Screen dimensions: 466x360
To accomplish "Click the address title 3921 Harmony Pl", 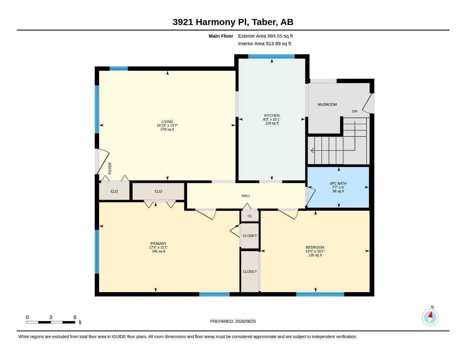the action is click(211, 22).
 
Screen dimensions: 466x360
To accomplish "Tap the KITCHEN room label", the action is click(272, 116).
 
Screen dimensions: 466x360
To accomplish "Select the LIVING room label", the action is click(167, 122).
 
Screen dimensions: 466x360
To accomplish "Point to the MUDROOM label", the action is click(327, 104).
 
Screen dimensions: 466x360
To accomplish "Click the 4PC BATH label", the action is click(338, 184).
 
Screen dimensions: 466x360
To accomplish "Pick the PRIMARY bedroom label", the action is click(158, 244).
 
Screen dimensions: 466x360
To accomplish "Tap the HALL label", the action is click(246, 195).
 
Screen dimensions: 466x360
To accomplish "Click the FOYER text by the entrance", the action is click(110, 168).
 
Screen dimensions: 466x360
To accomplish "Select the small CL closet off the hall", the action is click(250, 216).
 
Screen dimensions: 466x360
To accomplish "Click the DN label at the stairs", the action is click(355, 111).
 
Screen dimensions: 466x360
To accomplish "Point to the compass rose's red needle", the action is click(430, 315).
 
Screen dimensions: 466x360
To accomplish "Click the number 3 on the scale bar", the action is click(51, 317).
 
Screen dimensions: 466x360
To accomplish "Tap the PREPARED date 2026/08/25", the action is click(245, 321).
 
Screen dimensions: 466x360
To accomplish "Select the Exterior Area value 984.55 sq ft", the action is click(280, 36).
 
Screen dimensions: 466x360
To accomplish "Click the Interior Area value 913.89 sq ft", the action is click(278, 44).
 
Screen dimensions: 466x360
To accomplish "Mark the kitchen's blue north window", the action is click(271, 56).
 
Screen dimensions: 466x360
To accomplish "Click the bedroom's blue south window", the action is click(320, 294).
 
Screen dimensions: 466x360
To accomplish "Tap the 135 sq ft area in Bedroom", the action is click(315, 255).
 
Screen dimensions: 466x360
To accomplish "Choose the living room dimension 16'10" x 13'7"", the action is click(167, 126).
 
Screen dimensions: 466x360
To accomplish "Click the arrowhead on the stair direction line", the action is click(312, 150).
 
